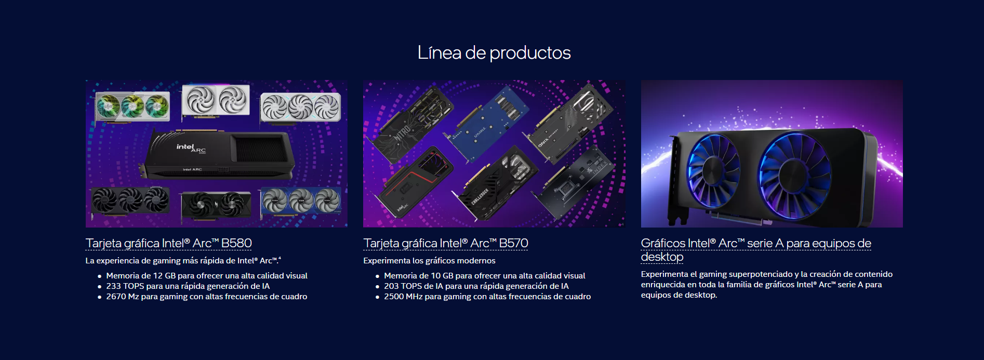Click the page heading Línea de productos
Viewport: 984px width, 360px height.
click(x=494, y=52)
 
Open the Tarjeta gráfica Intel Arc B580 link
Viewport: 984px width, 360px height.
click(x=168, y=243)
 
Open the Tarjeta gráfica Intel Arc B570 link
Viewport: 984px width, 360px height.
click(x=445, y=243)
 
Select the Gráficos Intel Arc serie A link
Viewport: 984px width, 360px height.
click(x=756, y=250)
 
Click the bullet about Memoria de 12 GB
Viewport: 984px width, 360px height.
click(x=207, y=276)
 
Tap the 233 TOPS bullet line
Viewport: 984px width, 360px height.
click(x=188, y=286)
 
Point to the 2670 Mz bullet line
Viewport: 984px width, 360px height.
click(x=207, y=297)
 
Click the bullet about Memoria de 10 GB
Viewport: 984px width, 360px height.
click(x=484, y=276)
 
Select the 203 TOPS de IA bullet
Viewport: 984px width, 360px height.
click(x=476, y=286)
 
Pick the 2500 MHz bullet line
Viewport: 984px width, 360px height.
click(x=487, y=297)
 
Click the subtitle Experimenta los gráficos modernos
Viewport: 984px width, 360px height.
click(x=429, y=261)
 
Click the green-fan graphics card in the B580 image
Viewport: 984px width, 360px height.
click(x=132, y=106)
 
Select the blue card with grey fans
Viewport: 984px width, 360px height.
click(x=300, y=202)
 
